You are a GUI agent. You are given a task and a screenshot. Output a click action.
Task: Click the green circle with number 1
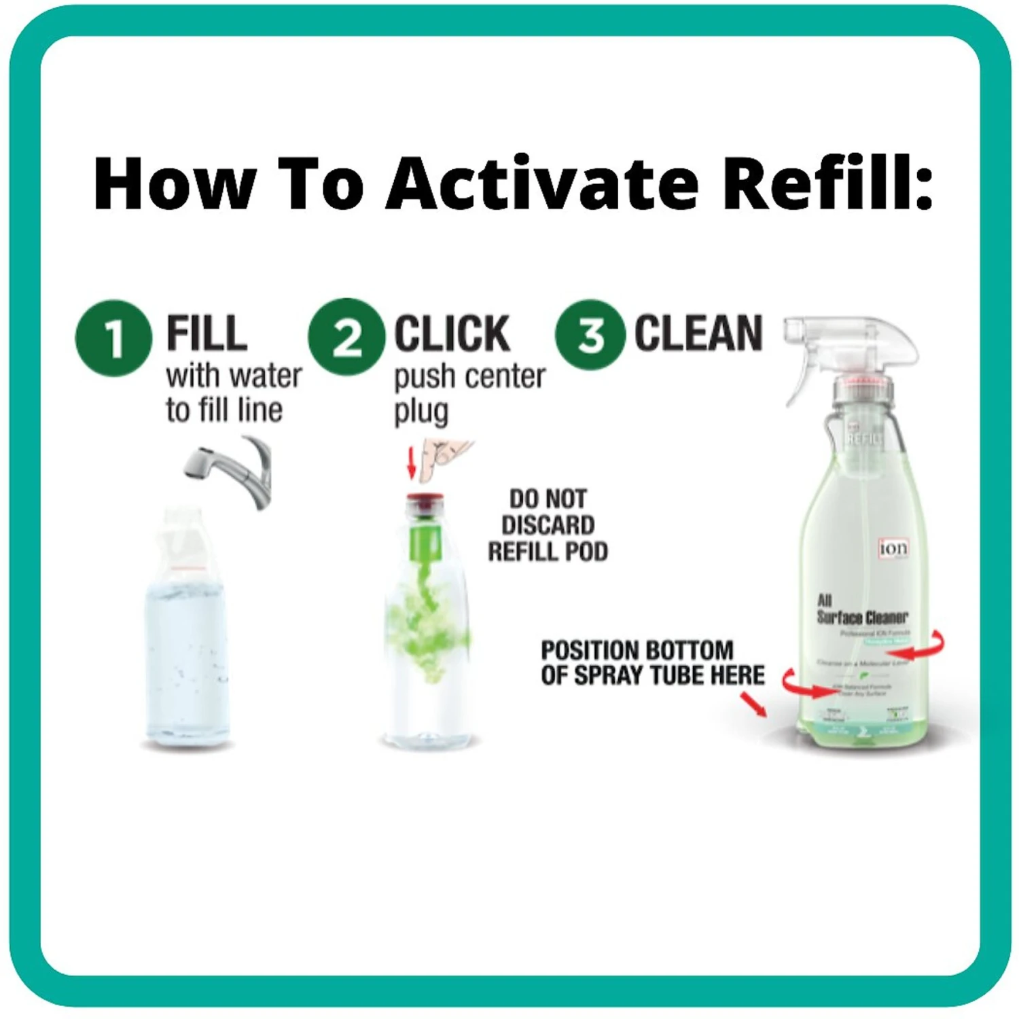coord(113,338)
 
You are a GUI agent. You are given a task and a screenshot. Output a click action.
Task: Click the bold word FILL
coord(207,334)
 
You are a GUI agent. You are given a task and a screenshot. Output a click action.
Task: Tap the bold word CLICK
coord(452,334)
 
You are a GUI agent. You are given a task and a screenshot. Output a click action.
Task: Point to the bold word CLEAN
coord(698,334)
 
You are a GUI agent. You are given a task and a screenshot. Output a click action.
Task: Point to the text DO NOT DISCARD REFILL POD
coord(548,525)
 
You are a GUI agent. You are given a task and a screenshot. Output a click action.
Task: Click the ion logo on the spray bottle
coord(893,548)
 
